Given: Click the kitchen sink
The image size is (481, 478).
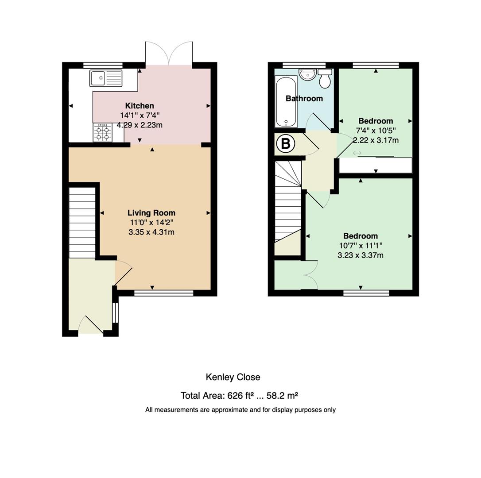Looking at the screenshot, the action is point(106,78).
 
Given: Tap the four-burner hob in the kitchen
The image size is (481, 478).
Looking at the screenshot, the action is point(102,133).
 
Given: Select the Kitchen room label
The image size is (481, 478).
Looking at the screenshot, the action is point(140,106).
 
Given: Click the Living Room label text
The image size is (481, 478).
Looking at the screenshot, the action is point(151,213).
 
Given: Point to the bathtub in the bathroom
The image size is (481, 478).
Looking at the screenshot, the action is point(286,101).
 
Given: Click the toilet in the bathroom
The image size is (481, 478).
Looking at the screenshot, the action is point(325,78).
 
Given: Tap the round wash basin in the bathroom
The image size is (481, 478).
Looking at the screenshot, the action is point(308,74).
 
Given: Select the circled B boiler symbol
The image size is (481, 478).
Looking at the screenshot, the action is point(286,143).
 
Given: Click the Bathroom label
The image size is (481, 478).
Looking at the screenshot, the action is point(304,98).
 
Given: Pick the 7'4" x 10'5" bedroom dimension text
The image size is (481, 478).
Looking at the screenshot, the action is point(376,131).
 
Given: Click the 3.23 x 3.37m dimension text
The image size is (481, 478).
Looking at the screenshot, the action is point(361,255).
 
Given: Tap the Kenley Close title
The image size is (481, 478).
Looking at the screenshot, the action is point(233,377).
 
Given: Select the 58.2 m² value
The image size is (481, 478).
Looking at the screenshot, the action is point(282,396).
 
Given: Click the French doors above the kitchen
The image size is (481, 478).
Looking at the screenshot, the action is point(169,53).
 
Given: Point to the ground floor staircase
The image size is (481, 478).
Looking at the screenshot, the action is point(82,223).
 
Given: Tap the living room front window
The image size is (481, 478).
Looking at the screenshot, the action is point(164,293).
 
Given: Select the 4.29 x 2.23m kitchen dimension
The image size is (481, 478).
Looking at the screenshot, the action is point(140,125).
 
